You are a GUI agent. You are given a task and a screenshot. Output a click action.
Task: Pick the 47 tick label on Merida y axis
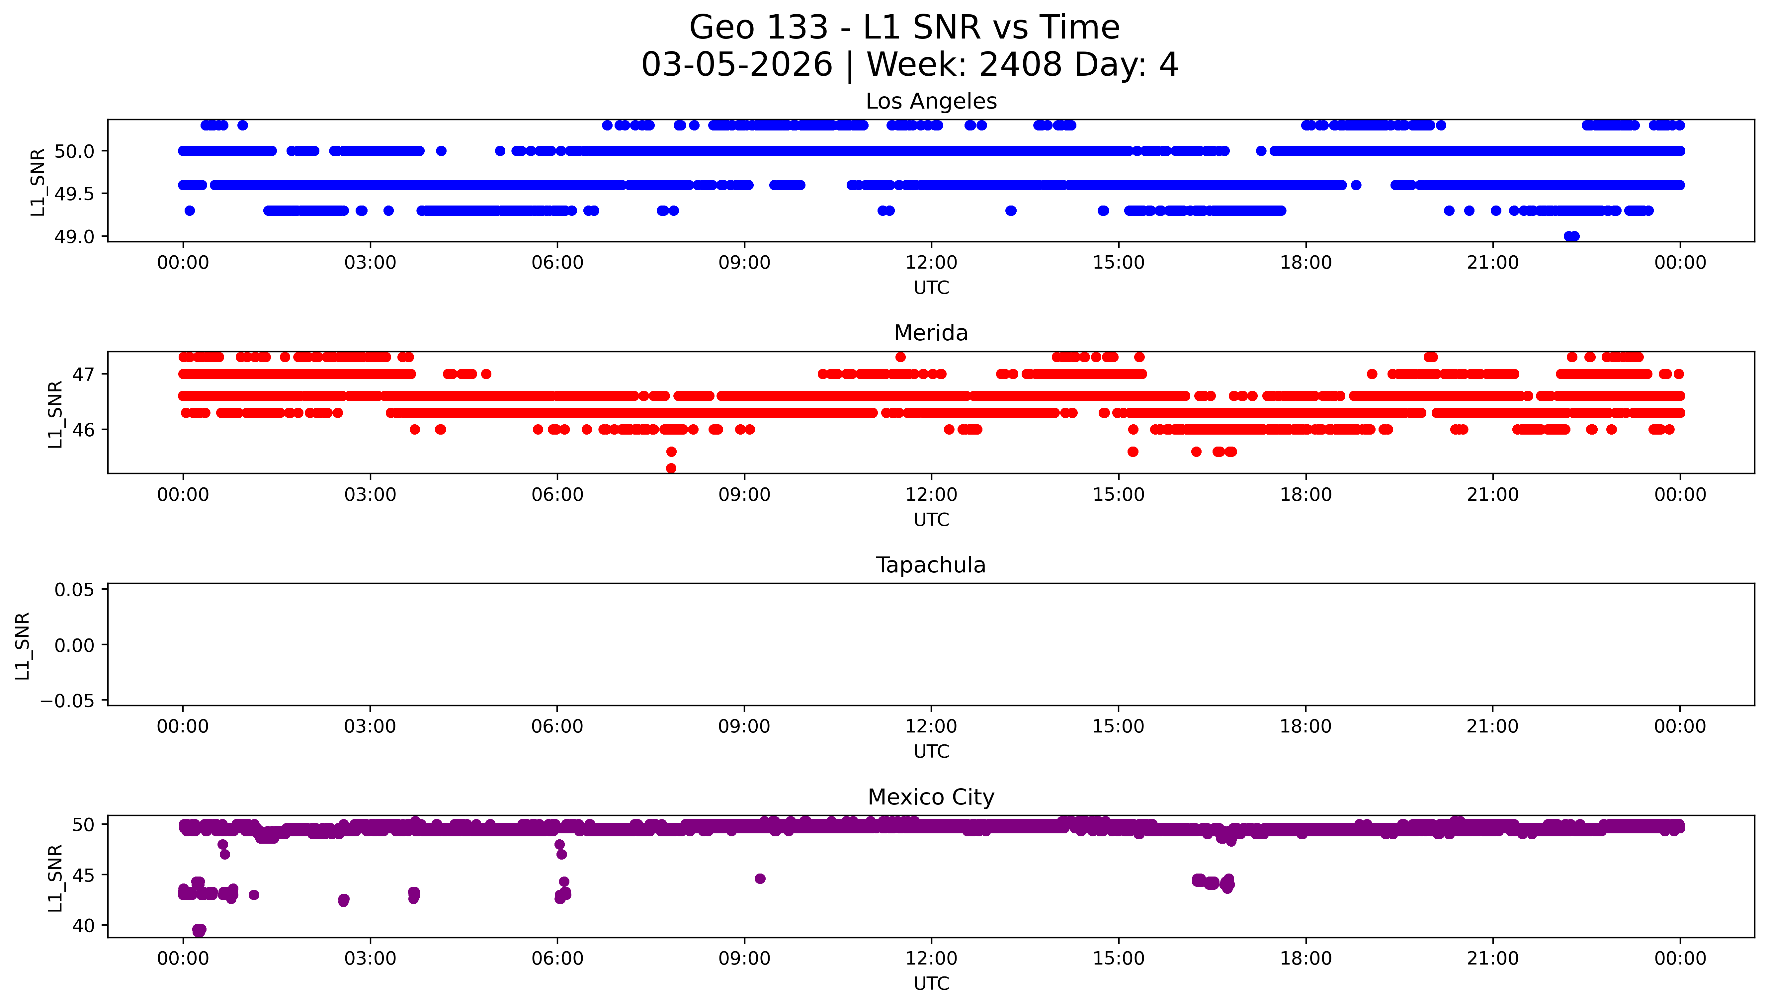coord(84,374)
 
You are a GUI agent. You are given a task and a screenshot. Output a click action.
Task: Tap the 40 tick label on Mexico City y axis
coord(84,925)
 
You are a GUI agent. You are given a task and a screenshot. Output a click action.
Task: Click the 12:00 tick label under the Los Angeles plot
coord(931,263)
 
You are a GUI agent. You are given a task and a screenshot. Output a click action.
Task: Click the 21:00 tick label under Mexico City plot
coord(1493,959)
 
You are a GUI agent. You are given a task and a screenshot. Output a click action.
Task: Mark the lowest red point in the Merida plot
coord(671,468)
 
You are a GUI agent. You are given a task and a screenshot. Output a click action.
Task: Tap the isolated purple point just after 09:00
coord(760,879)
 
